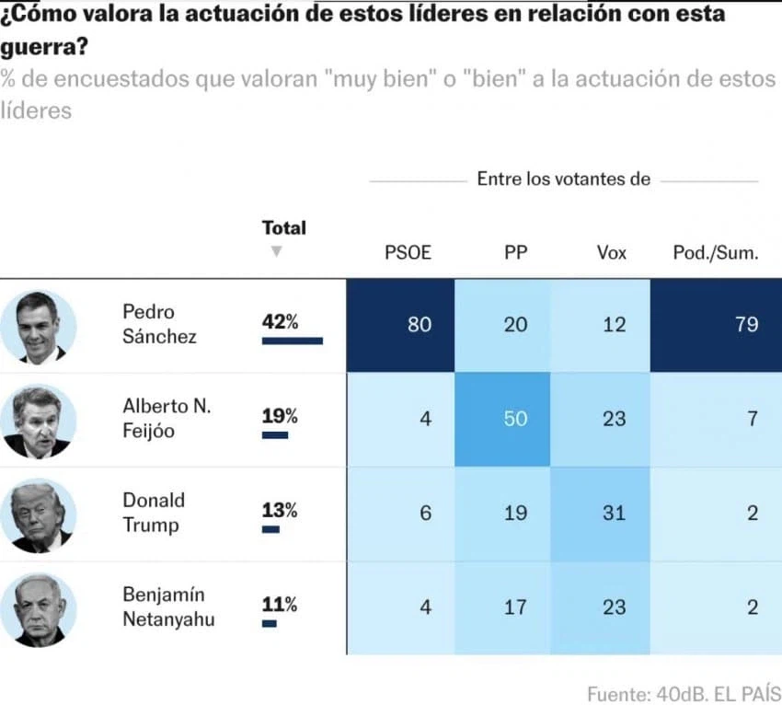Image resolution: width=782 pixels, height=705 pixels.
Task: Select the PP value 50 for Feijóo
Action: (515, 419)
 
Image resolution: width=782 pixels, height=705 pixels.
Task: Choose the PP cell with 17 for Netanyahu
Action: (515, 607)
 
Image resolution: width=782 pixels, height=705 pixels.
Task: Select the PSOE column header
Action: (408, 252)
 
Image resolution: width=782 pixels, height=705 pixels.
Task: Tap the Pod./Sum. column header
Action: (716, 252)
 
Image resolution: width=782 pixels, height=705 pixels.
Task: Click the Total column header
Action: (284, 227)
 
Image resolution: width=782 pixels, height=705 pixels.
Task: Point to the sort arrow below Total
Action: (276, 251)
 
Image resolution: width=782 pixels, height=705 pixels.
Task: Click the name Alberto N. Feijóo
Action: (155, 418)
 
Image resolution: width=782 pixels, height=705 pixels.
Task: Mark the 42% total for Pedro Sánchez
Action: (280, 322)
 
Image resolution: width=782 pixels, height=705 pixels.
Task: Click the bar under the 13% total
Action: (270, 529)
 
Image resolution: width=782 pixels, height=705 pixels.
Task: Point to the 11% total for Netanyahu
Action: (280, 604)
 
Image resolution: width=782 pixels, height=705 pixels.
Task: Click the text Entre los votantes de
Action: (563, 179)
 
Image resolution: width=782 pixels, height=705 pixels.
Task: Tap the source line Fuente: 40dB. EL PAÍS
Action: (684, 692)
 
